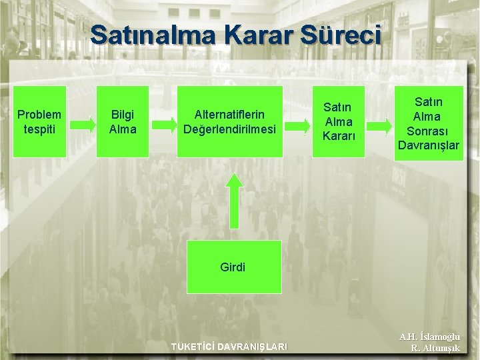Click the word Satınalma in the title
(x=152, y=35)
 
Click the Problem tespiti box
(x=39, y=121)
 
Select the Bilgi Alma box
(x=123, y=121)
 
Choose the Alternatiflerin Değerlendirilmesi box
(x=229, y=121)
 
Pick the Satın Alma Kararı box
(x=339, y=121)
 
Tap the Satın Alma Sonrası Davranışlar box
(x=428, y=121)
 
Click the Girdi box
(x=233, y=267)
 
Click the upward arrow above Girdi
(x=233, y=199)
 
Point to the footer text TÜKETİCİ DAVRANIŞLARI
(x=229, y=347)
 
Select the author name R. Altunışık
(x=435, y=348)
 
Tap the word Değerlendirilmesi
(x=229, y=129)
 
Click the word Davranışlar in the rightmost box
(x=429, y=145)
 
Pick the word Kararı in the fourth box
(x=339, y=136)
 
